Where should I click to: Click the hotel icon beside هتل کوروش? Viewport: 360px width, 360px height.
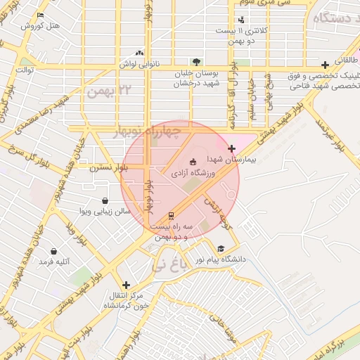point(40,15)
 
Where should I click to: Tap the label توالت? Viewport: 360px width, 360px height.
point(25,70)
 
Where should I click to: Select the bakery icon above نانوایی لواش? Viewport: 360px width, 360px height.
point(139,52)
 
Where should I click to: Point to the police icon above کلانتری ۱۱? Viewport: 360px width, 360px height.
point(243,20)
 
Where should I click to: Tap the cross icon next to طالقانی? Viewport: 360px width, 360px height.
point(325,65)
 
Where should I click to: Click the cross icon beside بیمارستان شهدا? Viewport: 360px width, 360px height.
point(232,148)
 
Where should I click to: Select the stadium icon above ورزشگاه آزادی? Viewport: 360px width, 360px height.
point(193,162)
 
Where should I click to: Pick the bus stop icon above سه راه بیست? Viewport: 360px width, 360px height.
point(171,216)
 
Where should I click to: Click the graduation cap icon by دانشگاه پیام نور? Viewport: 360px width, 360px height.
point(221,248)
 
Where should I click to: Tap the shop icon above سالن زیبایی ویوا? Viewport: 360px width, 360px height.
point(105,200)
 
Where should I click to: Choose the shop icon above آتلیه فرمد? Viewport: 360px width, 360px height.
point(53,251)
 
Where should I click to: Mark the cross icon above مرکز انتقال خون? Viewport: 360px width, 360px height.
point(126,285)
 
